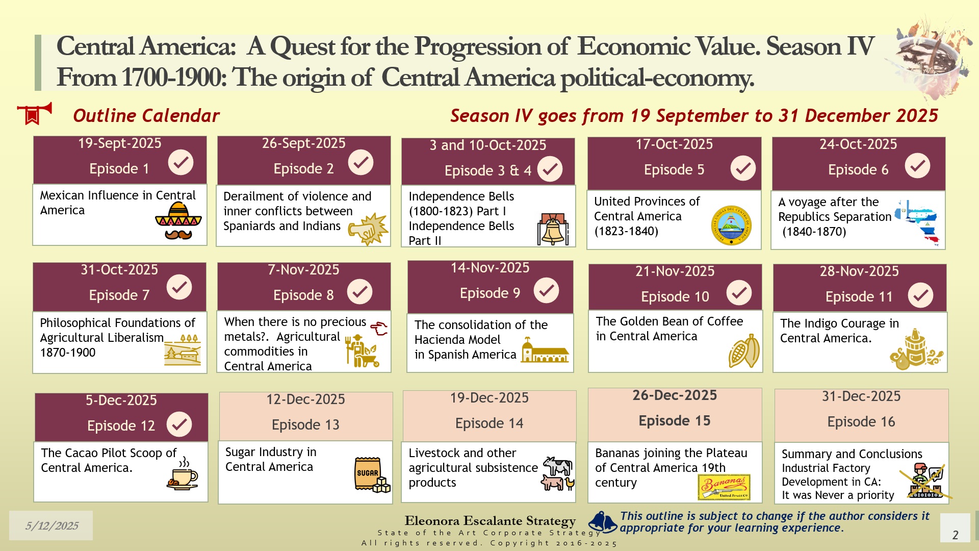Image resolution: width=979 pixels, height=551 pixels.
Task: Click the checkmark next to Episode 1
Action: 181,162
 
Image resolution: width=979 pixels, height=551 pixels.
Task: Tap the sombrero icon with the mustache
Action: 178,221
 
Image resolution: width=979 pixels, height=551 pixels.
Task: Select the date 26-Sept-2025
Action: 304,143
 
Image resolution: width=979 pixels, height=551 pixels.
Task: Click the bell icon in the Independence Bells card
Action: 553,229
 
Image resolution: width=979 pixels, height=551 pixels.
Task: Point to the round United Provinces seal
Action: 731,226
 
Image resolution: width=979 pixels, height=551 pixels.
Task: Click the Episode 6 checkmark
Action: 917,166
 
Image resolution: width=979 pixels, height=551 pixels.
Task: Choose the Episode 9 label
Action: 490,293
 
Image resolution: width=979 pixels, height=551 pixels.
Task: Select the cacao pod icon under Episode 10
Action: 744,351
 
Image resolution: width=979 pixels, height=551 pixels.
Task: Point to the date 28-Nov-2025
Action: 859,271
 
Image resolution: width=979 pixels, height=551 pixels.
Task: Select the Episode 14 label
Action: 489,423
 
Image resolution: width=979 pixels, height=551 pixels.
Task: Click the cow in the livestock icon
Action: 558,466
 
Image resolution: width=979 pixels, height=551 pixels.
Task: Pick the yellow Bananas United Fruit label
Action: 724,487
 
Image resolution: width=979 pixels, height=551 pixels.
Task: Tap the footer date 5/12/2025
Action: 52,526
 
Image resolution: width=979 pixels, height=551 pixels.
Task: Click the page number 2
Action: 955,535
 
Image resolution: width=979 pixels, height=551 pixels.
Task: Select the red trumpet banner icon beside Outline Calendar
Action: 34,113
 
